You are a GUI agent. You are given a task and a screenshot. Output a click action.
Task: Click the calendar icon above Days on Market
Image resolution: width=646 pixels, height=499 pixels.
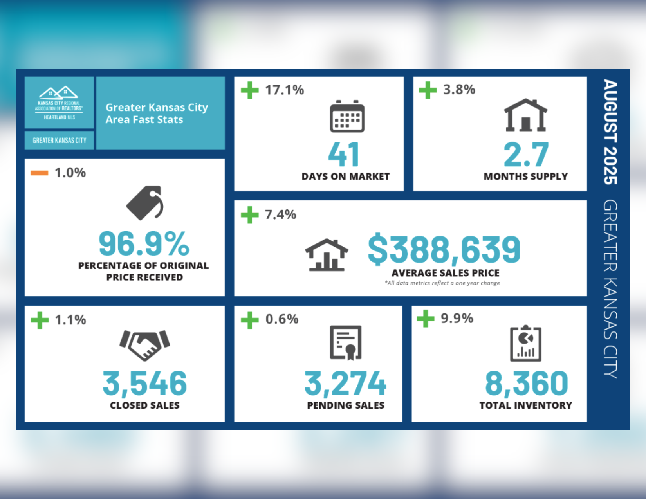pos(347,117)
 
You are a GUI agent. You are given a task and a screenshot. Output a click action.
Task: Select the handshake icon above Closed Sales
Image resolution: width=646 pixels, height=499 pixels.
pos(145,344)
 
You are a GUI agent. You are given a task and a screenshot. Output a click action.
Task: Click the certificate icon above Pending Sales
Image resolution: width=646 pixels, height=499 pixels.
pos(346,342)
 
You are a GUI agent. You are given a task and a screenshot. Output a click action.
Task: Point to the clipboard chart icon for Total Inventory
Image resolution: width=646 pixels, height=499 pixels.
pos(525,344)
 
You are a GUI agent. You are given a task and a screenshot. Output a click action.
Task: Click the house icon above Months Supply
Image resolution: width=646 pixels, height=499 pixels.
pos(525,115)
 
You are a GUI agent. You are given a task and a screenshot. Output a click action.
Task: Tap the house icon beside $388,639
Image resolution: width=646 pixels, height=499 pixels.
pos(327,255)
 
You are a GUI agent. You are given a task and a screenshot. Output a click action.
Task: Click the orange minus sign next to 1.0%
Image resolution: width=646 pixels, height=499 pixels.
pos(40,173)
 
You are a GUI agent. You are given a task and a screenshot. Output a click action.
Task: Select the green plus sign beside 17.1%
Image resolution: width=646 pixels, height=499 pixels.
pos(250,90)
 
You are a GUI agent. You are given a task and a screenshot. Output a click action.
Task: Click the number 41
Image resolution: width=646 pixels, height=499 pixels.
pos(344,155)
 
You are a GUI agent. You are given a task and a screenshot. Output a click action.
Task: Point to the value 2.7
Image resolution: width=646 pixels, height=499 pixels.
pos(526,155)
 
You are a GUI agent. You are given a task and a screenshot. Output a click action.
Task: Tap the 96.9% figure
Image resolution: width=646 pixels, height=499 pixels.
pos(144,244)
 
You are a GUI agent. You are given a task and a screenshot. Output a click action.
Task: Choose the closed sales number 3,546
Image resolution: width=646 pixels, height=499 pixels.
pos(144,383)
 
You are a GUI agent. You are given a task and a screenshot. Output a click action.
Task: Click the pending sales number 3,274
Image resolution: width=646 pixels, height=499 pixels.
pos(345,383)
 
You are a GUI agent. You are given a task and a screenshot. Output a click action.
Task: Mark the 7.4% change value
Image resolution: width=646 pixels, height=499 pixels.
pos(280,214)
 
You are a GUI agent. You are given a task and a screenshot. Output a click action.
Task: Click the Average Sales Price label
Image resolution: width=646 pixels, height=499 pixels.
pos(445,273)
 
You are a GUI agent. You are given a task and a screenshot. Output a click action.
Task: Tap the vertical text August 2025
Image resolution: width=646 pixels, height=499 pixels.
pos(610,132)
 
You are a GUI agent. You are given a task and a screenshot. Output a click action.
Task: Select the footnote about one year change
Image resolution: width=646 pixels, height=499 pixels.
pos(442,283)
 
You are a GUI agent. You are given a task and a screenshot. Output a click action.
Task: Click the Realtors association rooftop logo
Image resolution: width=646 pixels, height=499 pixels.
pos(59,93)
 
